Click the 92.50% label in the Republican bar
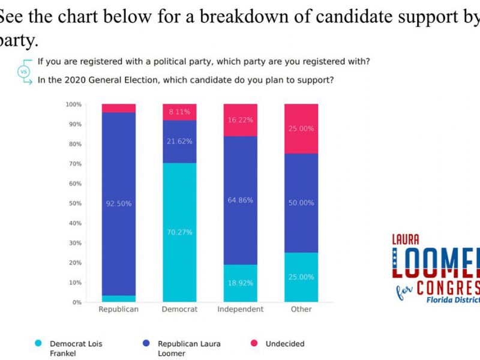coord(118,203)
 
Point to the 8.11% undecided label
coord(180,111)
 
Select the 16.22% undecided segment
coord(241,120)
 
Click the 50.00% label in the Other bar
coord(301,203)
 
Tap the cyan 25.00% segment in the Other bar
coord(301,277)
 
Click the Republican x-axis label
coord(118,309)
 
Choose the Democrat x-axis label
coord(180,309)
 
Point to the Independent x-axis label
coord(241,309)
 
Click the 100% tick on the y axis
coord(74,104)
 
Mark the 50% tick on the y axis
coord(76,203)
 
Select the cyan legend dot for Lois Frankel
coord(38,344)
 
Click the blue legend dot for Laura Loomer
coord(145,344)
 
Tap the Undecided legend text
coord(285,344)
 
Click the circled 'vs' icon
coord(24,71)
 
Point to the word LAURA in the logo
coord(405,238)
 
